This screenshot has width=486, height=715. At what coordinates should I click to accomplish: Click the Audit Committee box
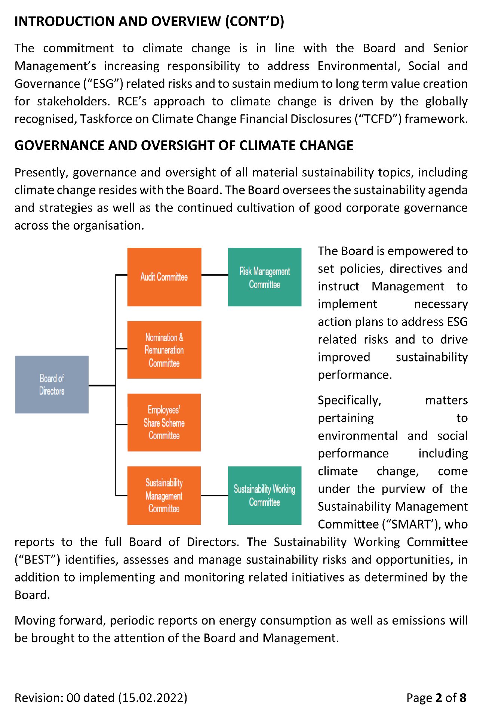[x=164, y=277]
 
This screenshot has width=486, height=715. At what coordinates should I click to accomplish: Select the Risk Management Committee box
[x=265, y=277]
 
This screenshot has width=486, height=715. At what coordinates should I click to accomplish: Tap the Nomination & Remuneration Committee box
[x=164, y=350]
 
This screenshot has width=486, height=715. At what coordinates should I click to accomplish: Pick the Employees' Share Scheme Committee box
[x=164, y=422]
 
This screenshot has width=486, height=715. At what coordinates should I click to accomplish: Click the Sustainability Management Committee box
[x=164, y=495]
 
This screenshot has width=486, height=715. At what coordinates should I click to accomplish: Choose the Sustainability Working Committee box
[x=265, y=495]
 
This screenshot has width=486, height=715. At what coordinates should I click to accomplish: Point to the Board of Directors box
[x=52, y=384]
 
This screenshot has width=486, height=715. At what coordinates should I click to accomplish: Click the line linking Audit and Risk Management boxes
[x=215, y=275]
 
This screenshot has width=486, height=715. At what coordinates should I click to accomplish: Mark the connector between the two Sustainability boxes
[x=214, y=495]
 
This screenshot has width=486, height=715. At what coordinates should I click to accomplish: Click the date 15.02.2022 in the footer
[x=153, y=698]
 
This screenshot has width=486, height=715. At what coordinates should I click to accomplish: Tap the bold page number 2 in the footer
[x=439, y=698]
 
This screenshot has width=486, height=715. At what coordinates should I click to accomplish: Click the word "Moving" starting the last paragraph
[x=35, y=620]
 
